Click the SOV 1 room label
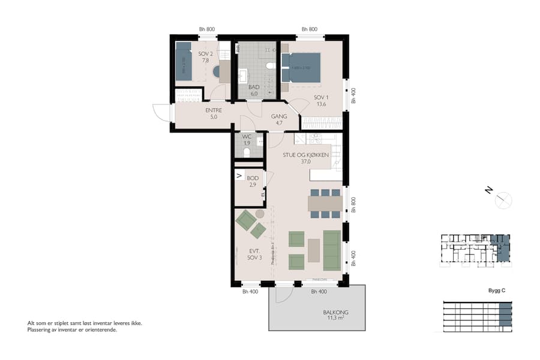click(321, 101)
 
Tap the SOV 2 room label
click(206, 57)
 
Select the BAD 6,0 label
click(254, 90)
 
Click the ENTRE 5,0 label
click(214, 113)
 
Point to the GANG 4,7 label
click(279, 119)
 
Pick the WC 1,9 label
click(246, 140)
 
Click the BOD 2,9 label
click(252, 181)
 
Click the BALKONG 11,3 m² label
click(335, 316)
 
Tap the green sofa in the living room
click(332, 250)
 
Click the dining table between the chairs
click(325, 204)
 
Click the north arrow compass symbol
click(503, 199)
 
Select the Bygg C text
click(497, 290)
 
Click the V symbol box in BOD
click(239, 176)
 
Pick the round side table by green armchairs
click(260, 214)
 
